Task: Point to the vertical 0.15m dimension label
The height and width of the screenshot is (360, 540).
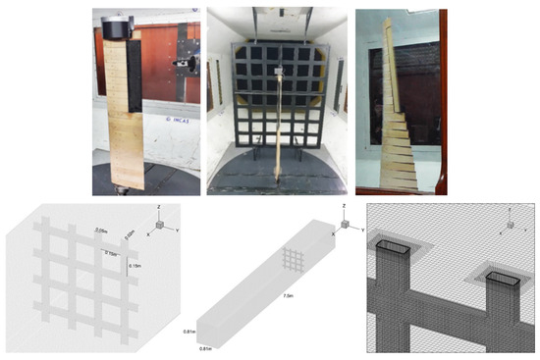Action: (135, 279)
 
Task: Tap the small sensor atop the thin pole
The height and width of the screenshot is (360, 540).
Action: (278, 71)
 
